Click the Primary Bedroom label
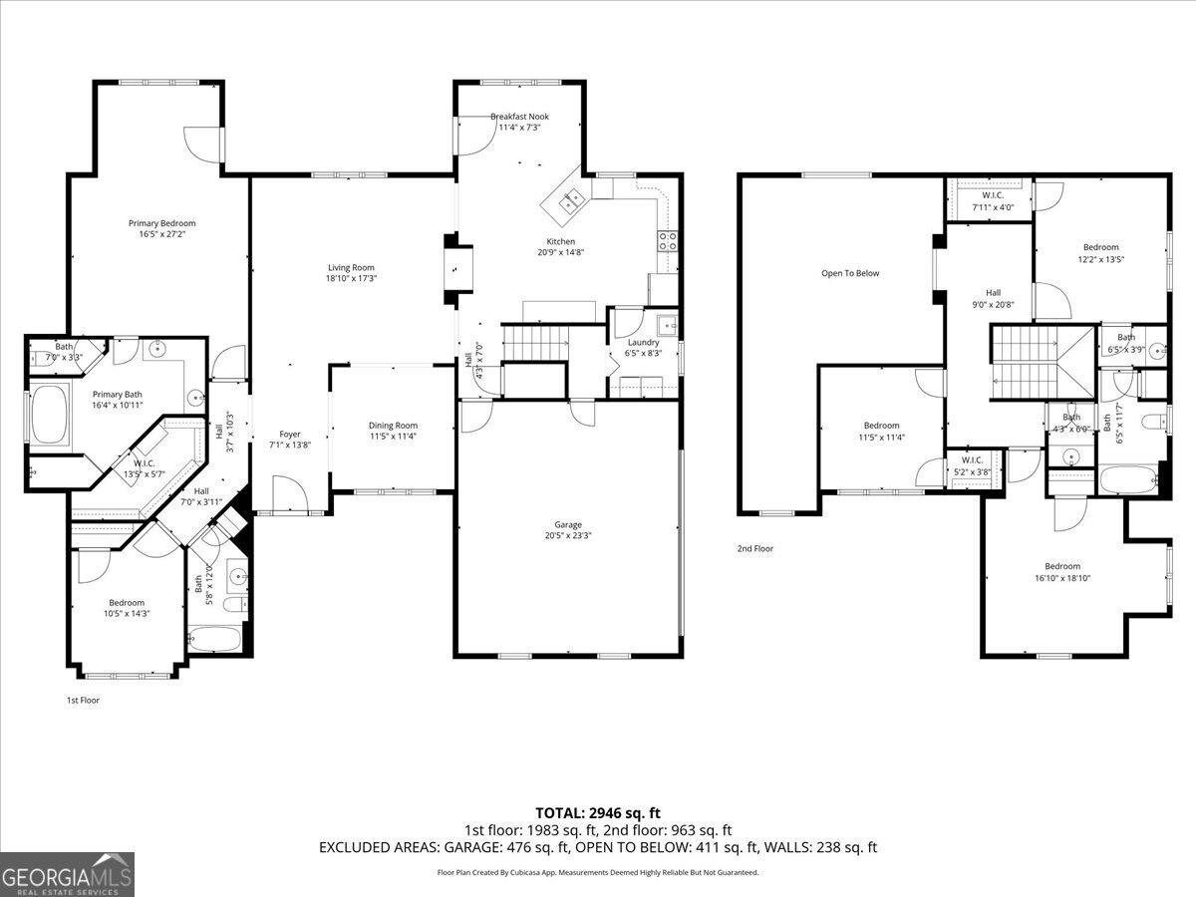[x=161, y=223]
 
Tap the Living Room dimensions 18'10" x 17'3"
[x=351, y=278]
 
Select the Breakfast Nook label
[x=519, y=117]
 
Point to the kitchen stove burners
[x=668, y=240]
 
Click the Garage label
[x=568, y=524]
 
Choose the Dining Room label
[x=393, y=426]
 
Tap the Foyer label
[x=289, y=434]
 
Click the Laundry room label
[x=643, y=342]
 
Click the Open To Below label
[x=850, y=273]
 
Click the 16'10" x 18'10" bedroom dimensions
[x=1062, y=578]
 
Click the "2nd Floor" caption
[x=754, y=548]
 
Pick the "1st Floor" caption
[x=83, y=700]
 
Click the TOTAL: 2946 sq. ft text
[x=598, y=813]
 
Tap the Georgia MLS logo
[x=67, y=874]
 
